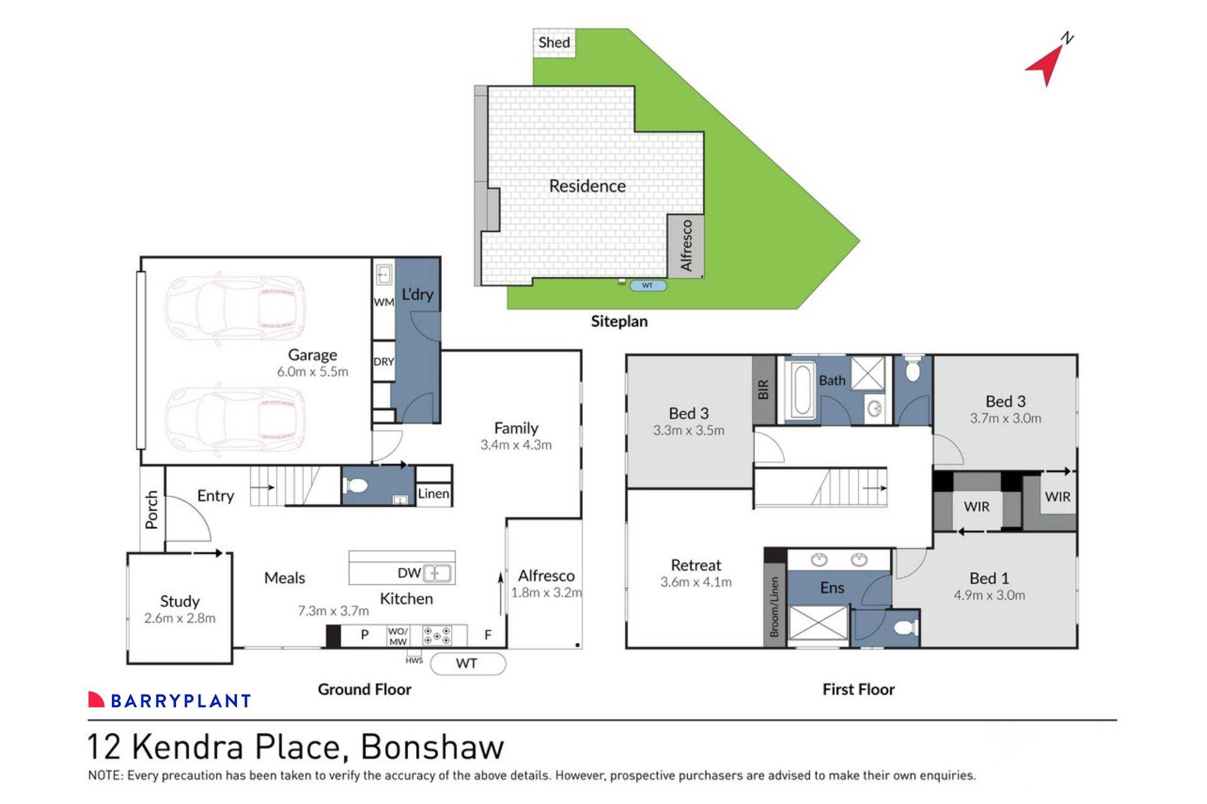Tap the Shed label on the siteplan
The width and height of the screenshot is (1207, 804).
[554, 43]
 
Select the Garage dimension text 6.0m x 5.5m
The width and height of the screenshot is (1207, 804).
[312, 372]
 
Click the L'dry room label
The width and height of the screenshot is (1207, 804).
[417, 294]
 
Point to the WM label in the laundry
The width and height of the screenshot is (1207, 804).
[383, 302]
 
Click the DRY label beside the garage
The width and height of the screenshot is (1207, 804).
[383, 362]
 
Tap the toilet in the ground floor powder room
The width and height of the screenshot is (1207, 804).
[356, 486]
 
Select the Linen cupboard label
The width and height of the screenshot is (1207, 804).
[433, 494]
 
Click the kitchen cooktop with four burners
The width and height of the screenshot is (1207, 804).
[436, 635]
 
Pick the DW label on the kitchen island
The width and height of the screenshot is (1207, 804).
[409, 573]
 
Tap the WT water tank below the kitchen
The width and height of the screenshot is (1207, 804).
[467, 663]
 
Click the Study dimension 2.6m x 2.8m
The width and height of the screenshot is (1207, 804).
[180, 618]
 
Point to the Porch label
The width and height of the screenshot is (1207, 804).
[152, 509]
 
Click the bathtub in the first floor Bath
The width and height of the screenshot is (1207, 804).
[802, 389]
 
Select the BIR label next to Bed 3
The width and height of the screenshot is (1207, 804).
[763, 389]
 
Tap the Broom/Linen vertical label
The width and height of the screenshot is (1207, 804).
[774, 606]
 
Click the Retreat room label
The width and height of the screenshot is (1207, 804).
[696, 565]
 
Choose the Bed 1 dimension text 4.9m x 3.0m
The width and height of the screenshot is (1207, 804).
[989, 595]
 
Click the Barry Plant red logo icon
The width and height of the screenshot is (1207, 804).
[96, 699]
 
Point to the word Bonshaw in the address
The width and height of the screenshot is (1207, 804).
[432, 747]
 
